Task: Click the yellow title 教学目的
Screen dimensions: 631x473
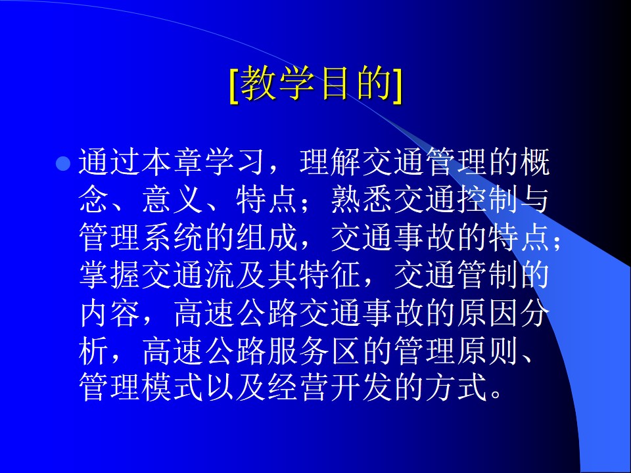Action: click(316, 84)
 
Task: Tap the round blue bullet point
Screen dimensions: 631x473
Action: click(63, 164)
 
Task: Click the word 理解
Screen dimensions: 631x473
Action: click(331, 163)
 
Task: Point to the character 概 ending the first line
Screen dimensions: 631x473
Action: click(534, 163)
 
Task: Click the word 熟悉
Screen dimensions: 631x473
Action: click(362, 200)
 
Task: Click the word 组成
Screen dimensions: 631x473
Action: click(268, 237)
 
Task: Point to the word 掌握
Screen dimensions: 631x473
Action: click(110, 275)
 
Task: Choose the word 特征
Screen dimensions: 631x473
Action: click(331, 275)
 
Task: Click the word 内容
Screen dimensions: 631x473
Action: click(110, 312)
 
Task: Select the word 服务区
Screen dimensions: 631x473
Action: click(314, 349)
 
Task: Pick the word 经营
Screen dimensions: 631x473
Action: click(298, 387)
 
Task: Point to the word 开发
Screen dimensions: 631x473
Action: click(362, 387)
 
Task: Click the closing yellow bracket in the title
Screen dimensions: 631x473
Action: click(398, 85)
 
